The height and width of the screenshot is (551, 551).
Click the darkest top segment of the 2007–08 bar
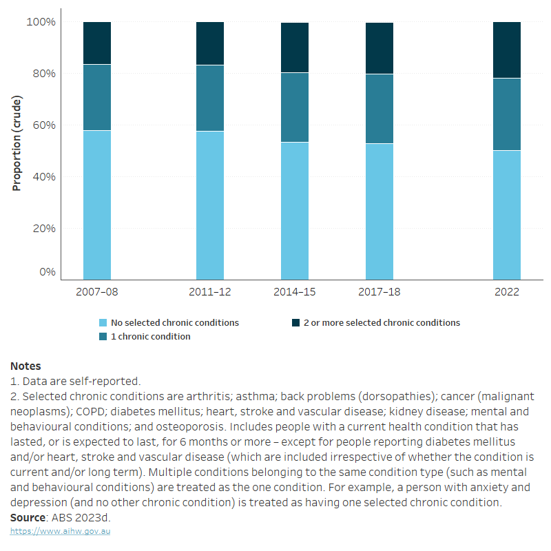[97, 43]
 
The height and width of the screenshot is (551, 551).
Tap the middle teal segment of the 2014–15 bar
[295, 107]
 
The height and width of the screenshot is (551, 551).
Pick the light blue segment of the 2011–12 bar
[210, 205]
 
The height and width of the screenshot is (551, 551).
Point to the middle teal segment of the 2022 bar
[506, 114]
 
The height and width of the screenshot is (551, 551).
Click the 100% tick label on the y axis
[41, 22]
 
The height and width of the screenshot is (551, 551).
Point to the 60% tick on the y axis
[41, 125]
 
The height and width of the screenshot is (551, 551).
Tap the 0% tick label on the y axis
[47, 272]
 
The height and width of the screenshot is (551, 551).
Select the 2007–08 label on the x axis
[97, 292]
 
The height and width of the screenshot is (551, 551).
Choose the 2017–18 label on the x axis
[380, 292]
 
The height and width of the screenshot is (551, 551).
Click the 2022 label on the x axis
[506, 292]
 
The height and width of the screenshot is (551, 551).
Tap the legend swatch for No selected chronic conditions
[103, 322]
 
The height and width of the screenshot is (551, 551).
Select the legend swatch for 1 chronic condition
[103, 337]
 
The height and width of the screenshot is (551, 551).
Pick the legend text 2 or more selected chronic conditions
[382, 322]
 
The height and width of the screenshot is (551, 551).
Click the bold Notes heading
[25, 366]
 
